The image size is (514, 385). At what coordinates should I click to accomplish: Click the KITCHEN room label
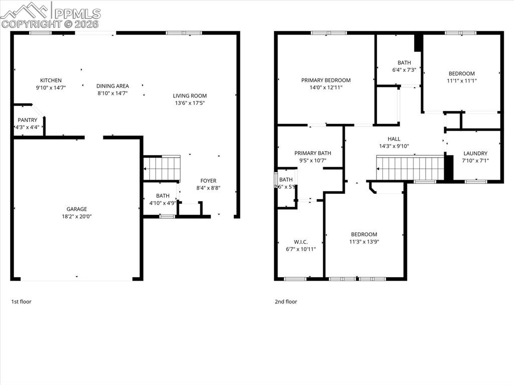point(51,80)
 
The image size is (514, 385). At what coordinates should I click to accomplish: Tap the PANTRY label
point(28,120)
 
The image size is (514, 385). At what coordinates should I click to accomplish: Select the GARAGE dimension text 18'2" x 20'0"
point(76,216)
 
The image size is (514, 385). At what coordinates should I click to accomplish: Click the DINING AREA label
point(112,86)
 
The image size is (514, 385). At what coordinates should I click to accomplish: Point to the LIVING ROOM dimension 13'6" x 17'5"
point(190,103)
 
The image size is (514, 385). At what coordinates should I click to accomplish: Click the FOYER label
point(208,181)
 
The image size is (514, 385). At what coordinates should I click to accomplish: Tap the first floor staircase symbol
point(162,168)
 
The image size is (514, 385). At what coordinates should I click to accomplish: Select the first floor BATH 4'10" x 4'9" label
point(163,196)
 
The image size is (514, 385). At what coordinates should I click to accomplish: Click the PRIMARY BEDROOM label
point(326,80)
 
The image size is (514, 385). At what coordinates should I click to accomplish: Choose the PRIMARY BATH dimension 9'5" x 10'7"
point(313,161)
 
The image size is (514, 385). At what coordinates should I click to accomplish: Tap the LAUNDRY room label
point(475,154)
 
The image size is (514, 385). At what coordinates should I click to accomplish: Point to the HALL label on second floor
point(394,139)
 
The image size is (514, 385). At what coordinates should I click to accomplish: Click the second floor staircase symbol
point(410,168)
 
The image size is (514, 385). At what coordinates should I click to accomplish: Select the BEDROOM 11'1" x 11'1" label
point(461,74)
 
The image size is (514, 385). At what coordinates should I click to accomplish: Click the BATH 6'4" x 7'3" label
point(404,63)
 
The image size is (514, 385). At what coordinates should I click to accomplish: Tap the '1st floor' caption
point(21,302)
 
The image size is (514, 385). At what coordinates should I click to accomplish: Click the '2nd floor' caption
point(286,302)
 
